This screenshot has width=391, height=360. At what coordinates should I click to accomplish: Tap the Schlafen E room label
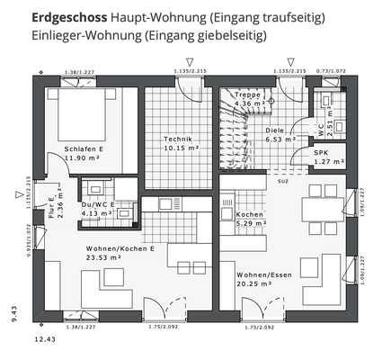click(84, 148)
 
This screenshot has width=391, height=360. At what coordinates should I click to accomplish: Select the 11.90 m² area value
click(84, 158)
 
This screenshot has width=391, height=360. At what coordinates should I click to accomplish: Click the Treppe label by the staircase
click(247, 94)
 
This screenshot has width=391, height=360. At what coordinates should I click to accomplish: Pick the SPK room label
click(321, 153)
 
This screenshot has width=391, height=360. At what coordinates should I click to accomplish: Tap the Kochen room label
click(249, 215)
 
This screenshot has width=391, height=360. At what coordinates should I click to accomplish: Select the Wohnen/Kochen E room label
click(120, 247)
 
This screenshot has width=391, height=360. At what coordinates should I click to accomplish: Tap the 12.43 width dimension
click(45, 340)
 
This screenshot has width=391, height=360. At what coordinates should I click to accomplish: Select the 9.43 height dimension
click(14, 312)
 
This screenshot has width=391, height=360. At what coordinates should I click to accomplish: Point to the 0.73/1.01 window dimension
click(330, 70)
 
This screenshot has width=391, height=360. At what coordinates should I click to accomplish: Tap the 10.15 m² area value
click(181, 148)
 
